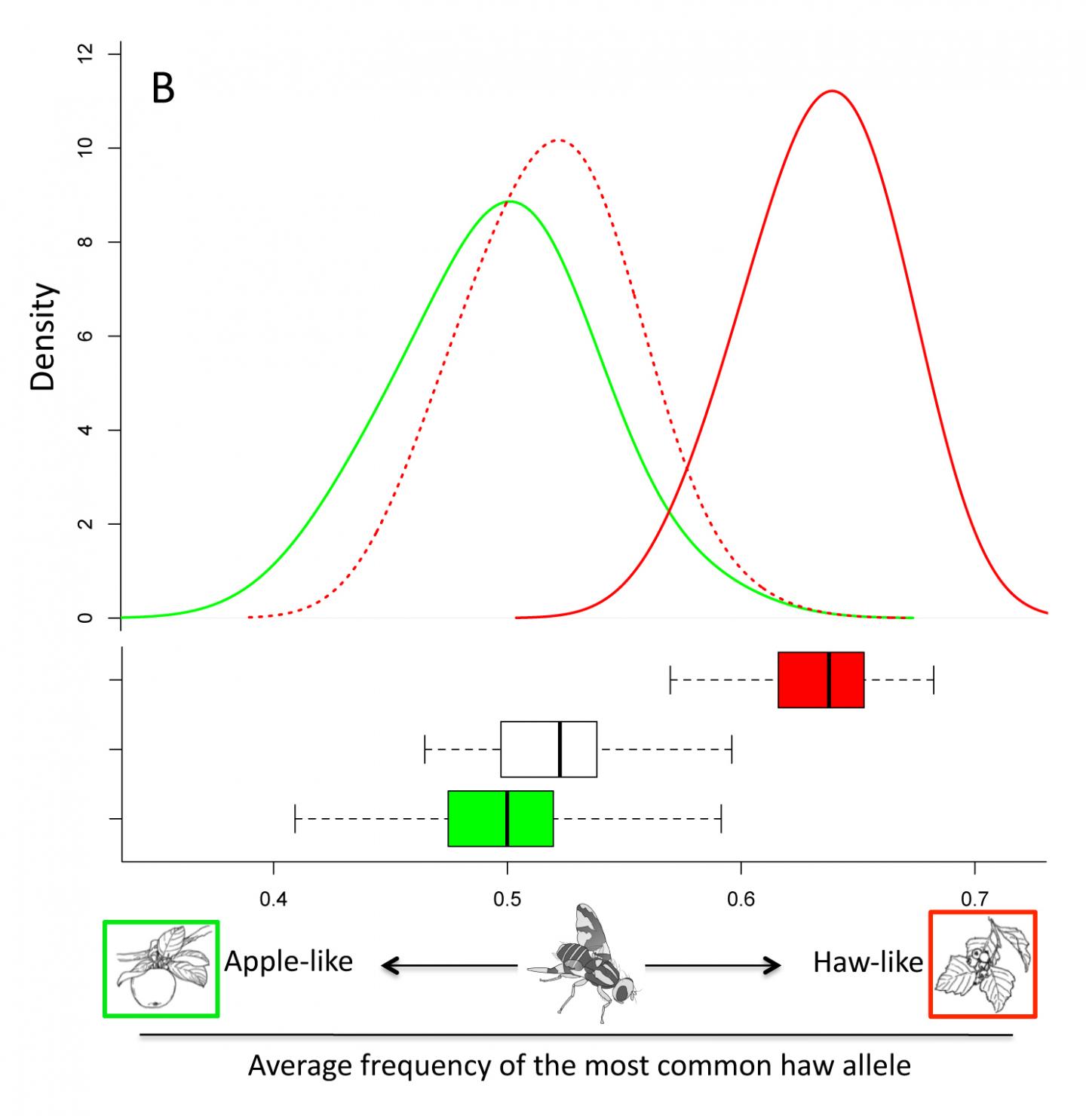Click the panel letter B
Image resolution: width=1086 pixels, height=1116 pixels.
pyautogui.click(x=164, y=89)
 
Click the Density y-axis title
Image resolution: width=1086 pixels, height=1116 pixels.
pyautogui.click(x=44, y=336)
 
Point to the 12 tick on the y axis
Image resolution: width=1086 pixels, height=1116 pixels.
pyautogui.click(x=87, y=54)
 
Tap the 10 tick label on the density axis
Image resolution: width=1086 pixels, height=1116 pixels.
pyautogui.click(x=87, y=148)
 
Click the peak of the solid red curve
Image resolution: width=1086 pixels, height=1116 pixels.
pyautogui.click(x=832, y=91)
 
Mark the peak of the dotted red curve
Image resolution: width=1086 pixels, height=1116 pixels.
pyautogui.click(x=557, y=140)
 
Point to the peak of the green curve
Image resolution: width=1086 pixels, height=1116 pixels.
pyautogui.click(x=510, y=201)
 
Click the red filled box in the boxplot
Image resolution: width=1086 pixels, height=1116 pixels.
pyautogui.click(x=821, y=679)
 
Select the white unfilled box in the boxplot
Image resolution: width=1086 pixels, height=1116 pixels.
pyautogui.click(x=548, y=749)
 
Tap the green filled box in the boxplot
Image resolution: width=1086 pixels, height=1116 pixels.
pyautogui.click(x=500, y=818)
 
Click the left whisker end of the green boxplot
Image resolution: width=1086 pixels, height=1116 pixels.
pyautogui.click(x=295, y=818)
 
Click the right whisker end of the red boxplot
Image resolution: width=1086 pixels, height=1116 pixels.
pyautogui.click(x=934, y=679)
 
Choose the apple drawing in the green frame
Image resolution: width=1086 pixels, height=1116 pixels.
pyautogui.click(x=161, y=968)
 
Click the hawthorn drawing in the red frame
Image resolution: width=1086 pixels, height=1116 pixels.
pyautogui.click(x=983, y=964)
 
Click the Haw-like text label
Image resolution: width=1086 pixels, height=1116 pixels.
pyautogui.click(x=867, y=962)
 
